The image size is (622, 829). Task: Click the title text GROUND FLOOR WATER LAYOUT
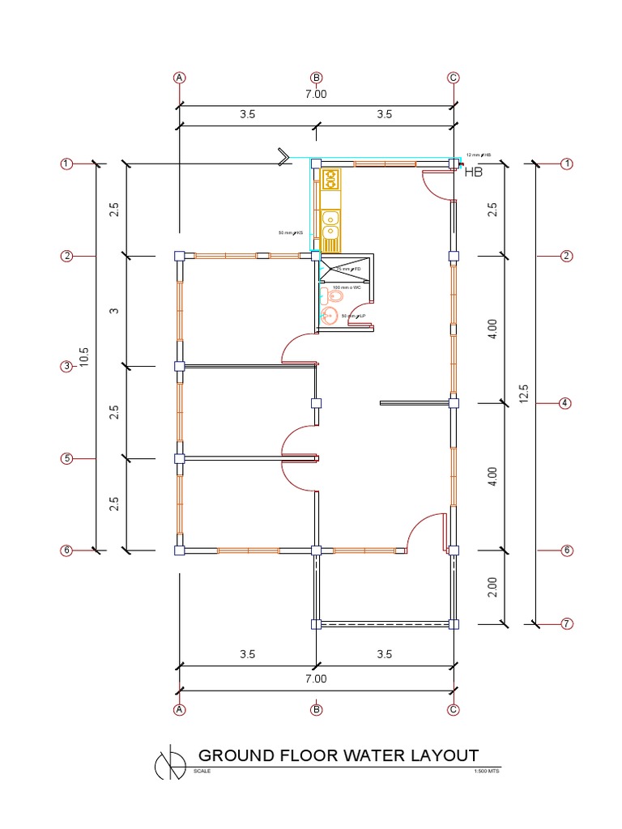pyautogui.click(x=339, y=755)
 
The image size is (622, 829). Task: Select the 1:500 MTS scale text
pyautogui.click(x=488, y=772)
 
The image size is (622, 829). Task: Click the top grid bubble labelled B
pyautogui.click(x=317, y=78)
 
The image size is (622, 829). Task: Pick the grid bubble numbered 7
pyautogui.click(x=567, y=623)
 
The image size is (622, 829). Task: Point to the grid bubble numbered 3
pyautogui.click(x=66, y=367)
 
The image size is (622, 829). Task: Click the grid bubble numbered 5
pyautogui.click(x=66, y=459)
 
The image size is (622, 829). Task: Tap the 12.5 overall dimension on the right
pyautogui.click(x=524, y=393)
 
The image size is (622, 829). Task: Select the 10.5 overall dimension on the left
pyautogui.click(x=83, y=357)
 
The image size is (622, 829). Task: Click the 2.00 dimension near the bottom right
pyautogui.click(x=493, y=587)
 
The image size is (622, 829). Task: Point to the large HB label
pyautogui.click(x=474, y=172)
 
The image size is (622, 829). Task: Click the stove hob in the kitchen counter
pyautogui.click(x=330, y=179)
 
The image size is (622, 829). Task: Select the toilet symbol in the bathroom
pyautogui.click(x=336, y=296)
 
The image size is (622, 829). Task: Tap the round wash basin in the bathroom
pyautogui.click(x=330, y=317)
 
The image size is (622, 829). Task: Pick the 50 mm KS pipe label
pyautogui.click(x=290, y=233)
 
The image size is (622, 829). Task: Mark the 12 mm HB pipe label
pyautogui.click(x=479, y=155)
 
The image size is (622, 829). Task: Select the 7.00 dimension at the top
pyautogui.click(x=316, y=94)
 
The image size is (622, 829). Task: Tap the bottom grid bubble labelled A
pyautogui.click(x=180, y=710)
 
